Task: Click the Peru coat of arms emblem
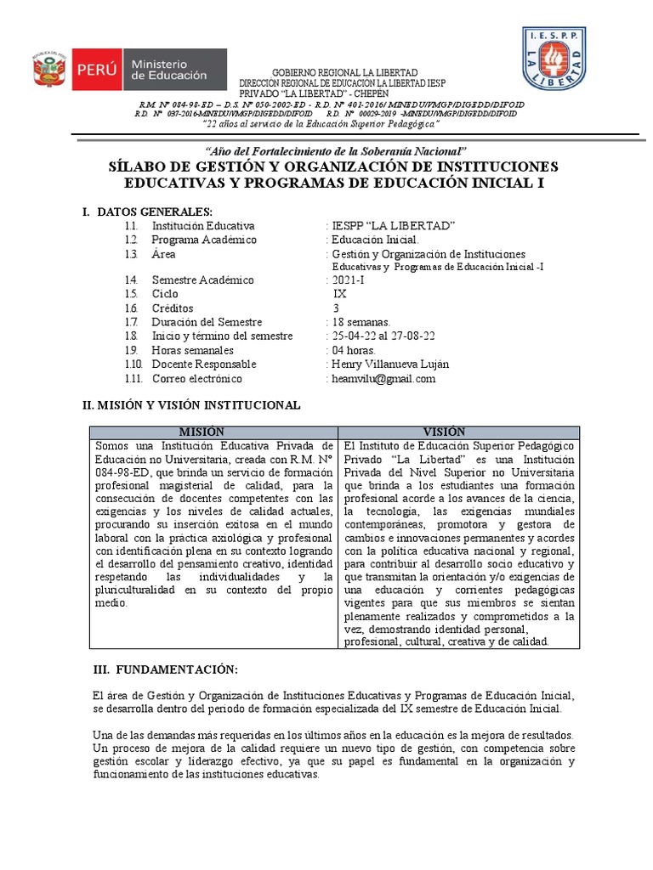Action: (x=49, y=69)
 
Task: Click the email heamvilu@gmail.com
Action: (x=383, y=379)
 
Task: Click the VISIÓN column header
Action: (x=458, y=432)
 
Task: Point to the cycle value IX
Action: (x=340, y=294)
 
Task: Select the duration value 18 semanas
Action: (x=361, y=323)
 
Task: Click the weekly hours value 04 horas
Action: (x=354, y=350)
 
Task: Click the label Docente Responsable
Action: (x=203, y=364)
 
